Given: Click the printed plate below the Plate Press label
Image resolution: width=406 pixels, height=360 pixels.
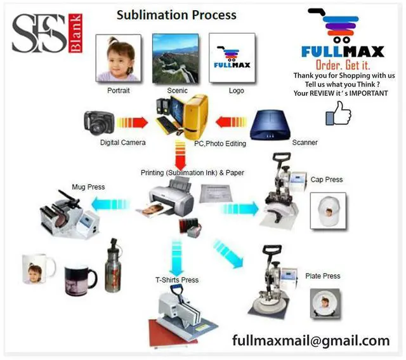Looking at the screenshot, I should tap(325, 305).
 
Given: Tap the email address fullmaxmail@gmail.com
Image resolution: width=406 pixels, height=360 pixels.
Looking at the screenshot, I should tap(310, 340).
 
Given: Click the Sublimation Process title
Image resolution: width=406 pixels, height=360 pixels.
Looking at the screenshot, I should tap(176, 15).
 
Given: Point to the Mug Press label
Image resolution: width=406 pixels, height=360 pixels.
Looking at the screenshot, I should tap(89, 187).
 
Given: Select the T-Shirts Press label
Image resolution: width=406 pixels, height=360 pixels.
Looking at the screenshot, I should tap(177, 280).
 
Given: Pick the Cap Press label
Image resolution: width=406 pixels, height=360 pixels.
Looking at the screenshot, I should tap(327, 180).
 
